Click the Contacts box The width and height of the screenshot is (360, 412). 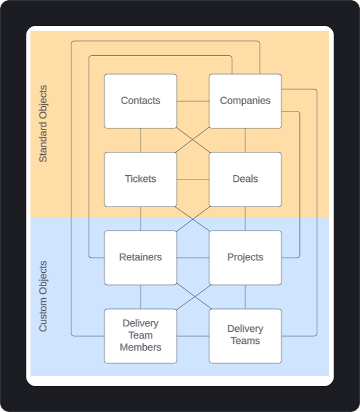(x=140, y=101)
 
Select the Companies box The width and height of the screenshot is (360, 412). (x=245, y=101)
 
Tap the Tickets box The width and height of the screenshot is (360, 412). (x=140, y=179)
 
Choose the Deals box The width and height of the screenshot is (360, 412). (x=245, y=179)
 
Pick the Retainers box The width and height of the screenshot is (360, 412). (x=140, y=257)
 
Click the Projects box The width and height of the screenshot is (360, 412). (x=245, y=257)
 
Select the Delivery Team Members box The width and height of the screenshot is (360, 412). (x=140, y=336)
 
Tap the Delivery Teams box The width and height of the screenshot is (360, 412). (x=245, y=336)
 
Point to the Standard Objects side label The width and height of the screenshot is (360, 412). (x=43, y=124)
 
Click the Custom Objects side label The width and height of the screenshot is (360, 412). (x=43, y=296)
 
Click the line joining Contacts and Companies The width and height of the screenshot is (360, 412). (x=193, y=101)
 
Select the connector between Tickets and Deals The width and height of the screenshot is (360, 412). (x=193, y=179)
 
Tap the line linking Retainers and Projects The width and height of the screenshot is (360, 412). (x=193, y=257)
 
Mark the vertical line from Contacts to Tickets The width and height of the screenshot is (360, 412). (x=140, y=140)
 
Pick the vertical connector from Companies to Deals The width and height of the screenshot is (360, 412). (x=245, y=140)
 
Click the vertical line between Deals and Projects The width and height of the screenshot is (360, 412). (x=245, y=218)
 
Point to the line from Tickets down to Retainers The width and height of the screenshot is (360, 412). (x=140, y=218)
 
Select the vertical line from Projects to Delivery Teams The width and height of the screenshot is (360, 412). (x=245, y=296)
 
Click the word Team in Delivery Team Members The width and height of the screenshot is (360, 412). (x=140, y=336)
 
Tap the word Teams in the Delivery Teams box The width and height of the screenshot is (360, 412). (x=245, y=341)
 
